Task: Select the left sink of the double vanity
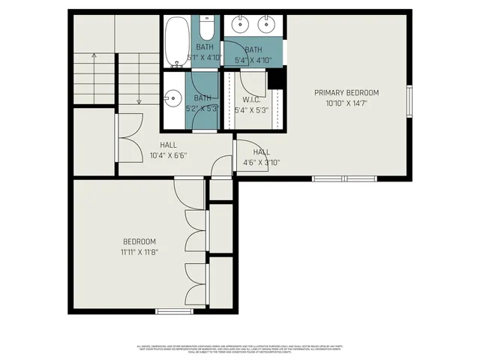coord(240,26)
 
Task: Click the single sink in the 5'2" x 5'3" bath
coord(173,98)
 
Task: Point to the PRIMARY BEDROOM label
coord(346,93)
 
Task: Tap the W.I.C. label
coord(251,100)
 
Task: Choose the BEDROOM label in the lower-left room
coord(139,241)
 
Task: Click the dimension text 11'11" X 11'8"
coord(139,252)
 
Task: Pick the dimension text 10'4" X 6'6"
coord(168,156)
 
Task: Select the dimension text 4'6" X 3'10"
coord(261,162)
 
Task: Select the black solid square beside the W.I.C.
coord(275,78)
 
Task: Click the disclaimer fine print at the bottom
coord(240,349)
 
